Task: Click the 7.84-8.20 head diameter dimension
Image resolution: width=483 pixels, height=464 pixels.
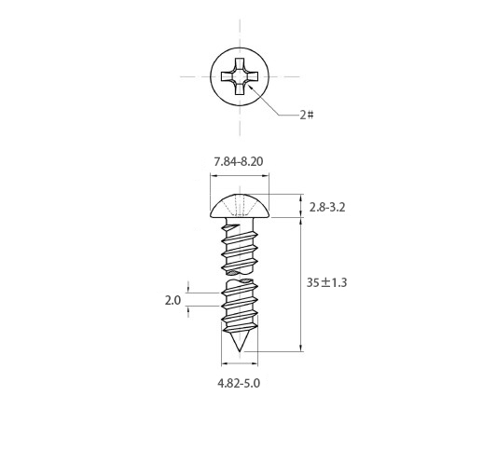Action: pyautogui.click(x=239, y=162)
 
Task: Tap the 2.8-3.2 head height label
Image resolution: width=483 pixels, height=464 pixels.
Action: pyautogui.click(x=327, y=207)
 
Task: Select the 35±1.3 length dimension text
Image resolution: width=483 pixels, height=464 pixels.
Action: pyautogui.click(x=326, y=282)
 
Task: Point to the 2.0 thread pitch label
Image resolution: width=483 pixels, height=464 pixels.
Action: pyautogui.click(x=172, y=300)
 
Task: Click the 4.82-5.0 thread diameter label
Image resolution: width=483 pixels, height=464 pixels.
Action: pyautogui.click(x=239, y=383)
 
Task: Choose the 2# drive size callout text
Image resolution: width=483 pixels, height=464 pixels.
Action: pyautogui.click(x=307, y=116)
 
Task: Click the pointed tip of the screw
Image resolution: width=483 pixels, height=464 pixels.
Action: pyautogui.click(x=240, y=351)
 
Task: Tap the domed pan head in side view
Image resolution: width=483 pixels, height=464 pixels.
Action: pyautogui.click(x=240, y=206)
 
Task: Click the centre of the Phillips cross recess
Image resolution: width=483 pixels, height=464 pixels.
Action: pyautogui.click(x=240, y=76)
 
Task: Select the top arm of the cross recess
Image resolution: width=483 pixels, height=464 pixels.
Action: pyautogui.click(x=240, y=63)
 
